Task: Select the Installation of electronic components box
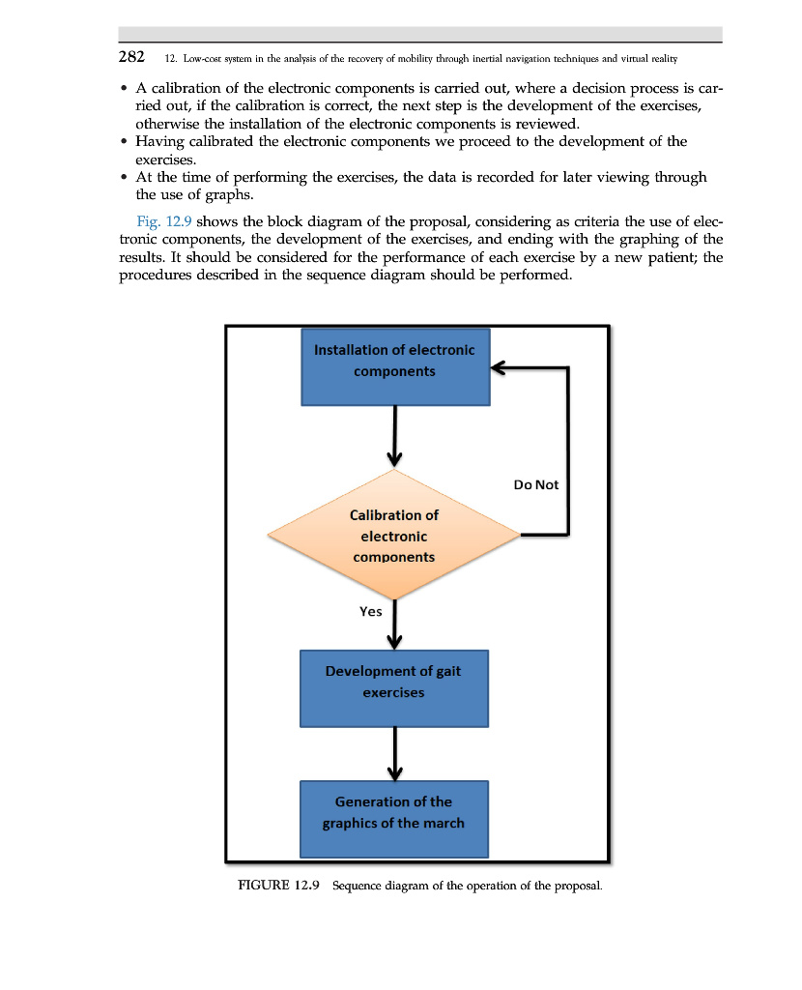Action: [x=394, y=366]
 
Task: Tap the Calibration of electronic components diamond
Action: [x=394, y=536]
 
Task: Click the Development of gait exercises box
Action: [x=394, y=688]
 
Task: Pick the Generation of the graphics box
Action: [x=394, y=819]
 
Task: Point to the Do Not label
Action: [x=536, y=484]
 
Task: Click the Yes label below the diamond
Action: [x=370, y=612]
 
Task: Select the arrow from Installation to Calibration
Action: [x=395, y=435]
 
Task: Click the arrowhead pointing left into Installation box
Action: [x=499, y=367]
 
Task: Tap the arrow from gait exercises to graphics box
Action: [x=395, y=753]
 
